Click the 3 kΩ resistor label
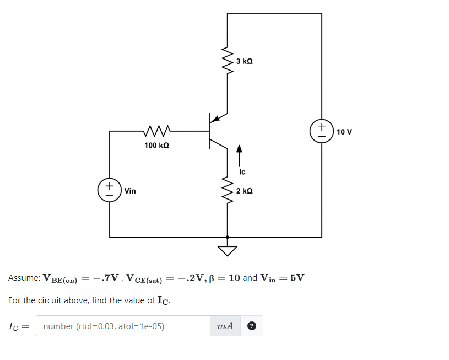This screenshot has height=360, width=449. tap(244, 61)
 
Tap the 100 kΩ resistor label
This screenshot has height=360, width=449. tap(156, 146)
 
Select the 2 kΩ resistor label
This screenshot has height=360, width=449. tap(244, 191)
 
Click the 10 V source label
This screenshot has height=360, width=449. tap(344, 132)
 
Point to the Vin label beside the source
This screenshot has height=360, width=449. tap(130, 191)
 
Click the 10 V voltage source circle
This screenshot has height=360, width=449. tap(322, 132)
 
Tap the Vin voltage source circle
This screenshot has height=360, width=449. tap(110, 189)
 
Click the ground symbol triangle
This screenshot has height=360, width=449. tap(227, 251)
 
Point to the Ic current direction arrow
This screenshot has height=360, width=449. tap(239, 155)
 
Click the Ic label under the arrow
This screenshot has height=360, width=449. tap(242, 172)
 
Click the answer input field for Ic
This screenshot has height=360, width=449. tap(123, 326)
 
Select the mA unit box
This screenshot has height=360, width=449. tap(225, 326)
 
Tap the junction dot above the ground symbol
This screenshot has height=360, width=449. tap(227, 237)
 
